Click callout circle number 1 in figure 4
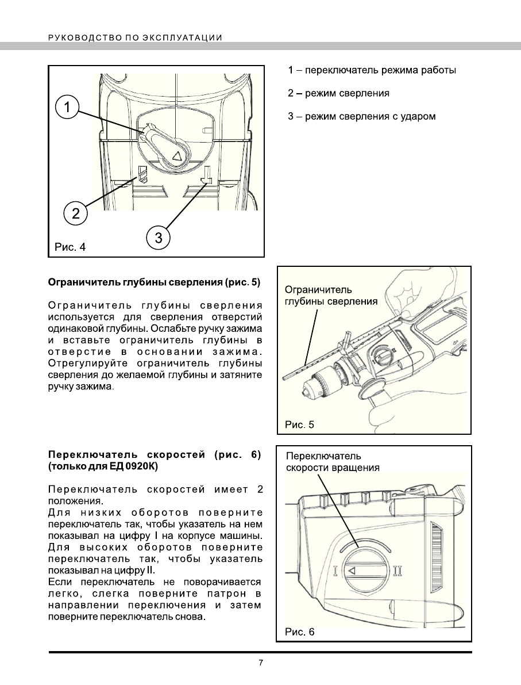67,107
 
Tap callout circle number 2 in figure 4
75,213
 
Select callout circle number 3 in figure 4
159,237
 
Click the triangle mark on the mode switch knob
177,155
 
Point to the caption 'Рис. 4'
70,247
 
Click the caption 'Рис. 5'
300,425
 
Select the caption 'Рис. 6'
300,632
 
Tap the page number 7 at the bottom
261,663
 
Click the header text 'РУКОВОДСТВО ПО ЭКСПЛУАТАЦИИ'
136,38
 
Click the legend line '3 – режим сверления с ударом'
362,117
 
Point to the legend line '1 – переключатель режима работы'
372,71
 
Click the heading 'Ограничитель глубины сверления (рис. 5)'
154,282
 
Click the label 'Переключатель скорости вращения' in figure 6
333,462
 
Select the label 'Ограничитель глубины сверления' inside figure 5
331,296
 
